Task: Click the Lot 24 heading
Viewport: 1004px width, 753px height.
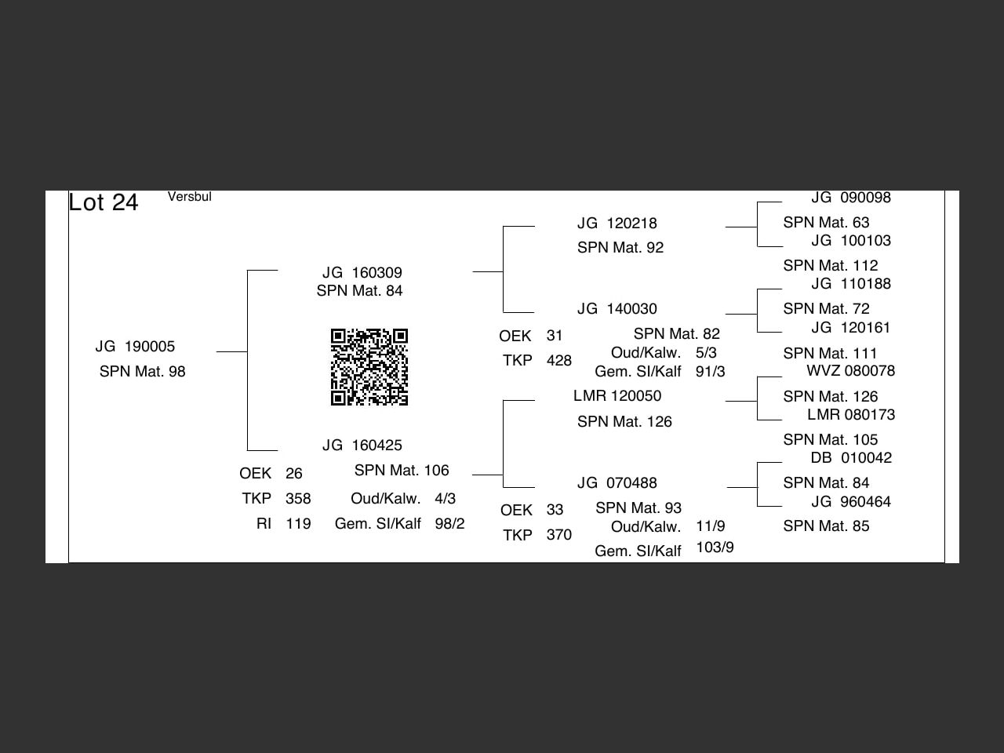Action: [x=104, y=202]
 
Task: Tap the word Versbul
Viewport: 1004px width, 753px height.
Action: [x=189, y=197]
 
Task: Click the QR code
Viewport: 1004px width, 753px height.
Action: [x=369, y=367]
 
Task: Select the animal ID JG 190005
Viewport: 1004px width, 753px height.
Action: [x=135, y=347]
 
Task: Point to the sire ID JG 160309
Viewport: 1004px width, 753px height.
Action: [x=362, y=273]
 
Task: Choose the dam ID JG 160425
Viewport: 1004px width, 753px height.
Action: [x=362, y=446]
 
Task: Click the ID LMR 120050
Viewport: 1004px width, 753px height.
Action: [x=617, y=396]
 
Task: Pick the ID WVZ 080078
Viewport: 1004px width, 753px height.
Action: [x=850, y=371]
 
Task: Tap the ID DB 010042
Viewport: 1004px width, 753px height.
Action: [x=851, y=458]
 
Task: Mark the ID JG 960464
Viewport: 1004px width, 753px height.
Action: [x=851, y=502]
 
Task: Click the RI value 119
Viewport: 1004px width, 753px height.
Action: [x=298, y=524]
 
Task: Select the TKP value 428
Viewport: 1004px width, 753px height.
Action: [x=559, y=361]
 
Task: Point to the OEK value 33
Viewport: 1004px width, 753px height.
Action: [x=555, y=510]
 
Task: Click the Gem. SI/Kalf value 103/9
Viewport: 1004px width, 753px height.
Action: [x=715, y=547]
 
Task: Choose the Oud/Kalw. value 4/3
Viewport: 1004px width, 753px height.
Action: [x=445, y=499]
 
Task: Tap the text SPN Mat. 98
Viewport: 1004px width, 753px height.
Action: [x=142, y=372]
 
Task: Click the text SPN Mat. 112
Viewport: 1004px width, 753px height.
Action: [x=830, y=266]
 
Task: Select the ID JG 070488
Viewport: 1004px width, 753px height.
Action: [x=617, y=483]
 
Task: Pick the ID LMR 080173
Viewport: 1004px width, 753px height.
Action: [x=851, y=415]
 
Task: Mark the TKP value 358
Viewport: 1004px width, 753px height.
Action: [x=298, y=499]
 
